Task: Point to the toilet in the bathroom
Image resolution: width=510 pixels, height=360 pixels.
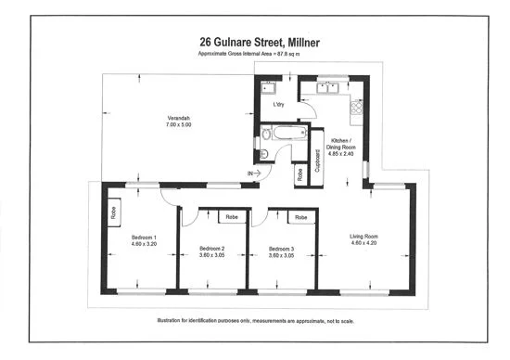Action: [x=265, y=154]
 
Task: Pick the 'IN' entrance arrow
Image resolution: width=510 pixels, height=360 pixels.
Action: [x=253, y=174]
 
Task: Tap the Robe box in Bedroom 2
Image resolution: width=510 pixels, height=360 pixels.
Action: [x=231, y=217]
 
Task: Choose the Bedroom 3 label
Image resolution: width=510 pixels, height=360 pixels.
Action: [x=281, y=249]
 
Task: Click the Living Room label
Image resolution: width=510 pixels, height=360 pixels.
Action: [x=364, y=236]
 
